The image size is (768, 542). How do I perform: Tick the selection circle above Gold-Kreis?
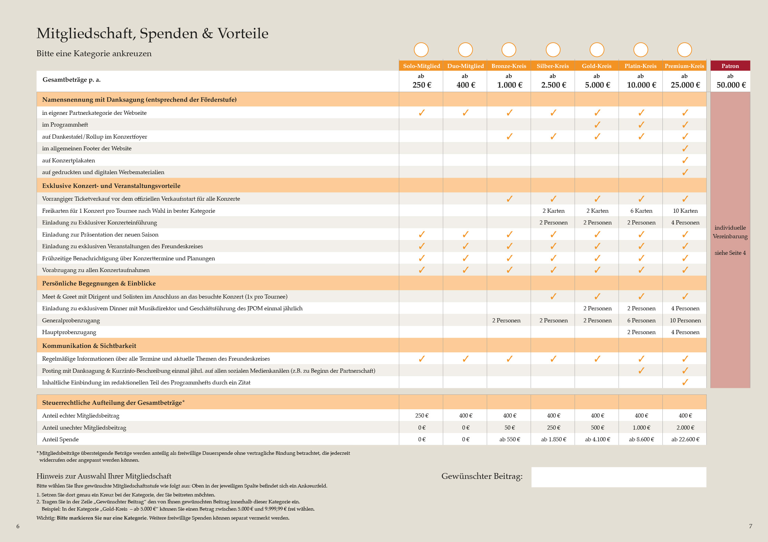point(597,50)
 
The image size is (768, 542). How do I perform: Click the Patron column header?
point(730,66)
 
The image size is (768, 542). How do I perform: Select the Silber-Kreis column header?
point(553,66)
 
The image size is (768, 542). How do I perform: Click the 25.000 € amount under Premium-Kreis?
point(685,85)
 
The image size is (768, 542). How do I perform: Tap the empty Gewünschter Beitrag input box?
point(619,477)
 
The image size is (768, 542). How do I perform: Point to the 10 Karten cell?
point(685,211)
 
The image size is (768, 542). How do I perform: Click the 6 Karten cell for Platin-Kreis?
point(641,211)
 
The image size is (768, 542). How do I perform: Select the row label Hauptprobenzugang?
point(69,332)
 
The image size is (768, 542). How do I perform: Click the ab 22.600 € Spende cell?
point(685,439)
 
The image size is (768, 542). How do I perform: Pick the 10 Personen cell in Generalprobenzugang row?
point(685,320)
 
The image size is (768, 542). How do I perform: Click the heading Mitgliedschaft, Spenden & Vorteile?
point(152,33)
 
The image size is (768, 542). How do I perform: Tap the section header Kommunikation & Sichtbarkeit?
point(89,345)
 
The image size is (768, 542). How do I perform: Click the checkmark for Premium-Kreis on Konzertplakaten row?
point(685,160)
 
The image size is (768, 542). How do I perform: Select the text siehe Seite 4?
point(730,253)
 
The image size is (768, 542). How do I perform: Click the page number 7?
point(750,526)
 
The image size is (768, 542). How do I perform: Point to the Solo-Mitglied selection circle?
point(421,50)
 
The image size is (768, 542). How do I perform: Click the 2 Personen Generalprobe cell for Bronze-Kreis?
point(506,320)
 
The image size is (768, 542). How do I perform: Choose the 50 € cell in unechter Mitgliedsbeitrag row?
point(509,428)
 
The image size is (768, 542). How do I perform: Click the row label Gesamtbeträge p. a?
point(71,80)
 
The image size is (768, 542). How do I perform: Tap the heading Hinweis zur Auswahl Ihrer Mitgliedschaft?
point(104,476)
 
